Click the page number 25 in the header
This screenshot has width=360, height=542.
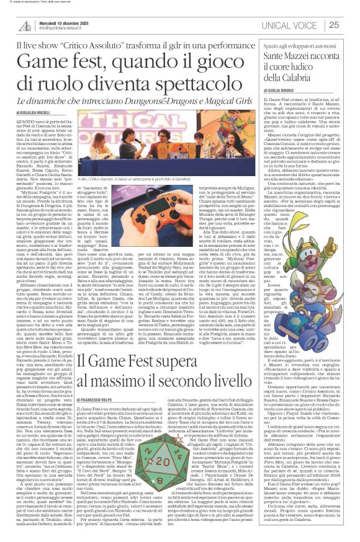(x=350, y=25)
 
